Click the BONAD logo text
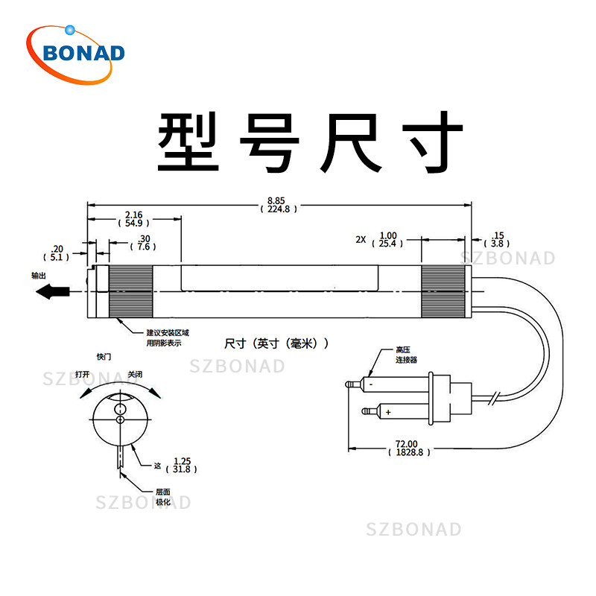[x=83, y=53]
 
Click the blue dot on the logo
[x=70, y=30]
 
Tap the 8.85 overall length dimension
[x=279, y=205]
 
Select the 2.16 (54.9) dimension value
[x=134, y=219]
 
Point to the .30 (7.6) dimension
[x=143, y=243]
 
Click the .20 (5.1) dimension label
[x=57, y=253]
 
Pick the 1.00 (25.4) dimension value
[x=387, y=239]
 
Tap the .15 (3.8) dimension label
[x=497, y=239]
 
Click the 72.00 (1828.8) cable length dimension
[x=409, y=448]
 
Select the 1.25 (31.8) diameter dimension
[x=182, y=465]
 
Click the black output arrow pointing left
[x=52, y=291]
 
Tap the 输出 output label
[x=39, y=276]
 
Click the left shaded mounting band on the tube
[x=131, y=291]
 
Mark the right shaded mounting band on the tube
[x=443, y=291]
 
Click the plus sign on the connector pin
[x=388, y=412]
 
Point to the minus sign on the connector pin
[x=370, y=384]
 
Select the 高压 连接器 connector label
[x=406, y=355]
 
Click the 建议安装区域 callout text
[x=168, y=333]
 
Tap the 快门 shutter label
[x=104, y=357]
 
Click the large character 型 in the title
[x=188, y=142]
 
